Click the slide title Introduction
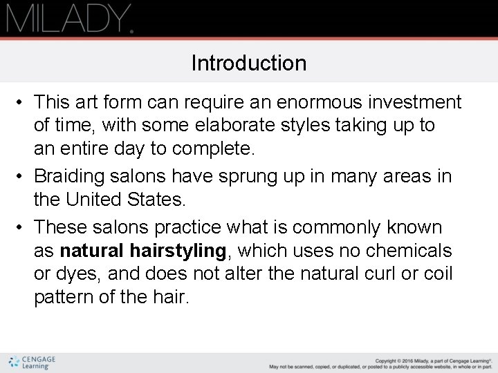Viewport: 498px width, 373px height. pos(249,64)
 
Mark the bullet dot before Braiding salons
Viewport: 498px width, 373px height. pos(23,177)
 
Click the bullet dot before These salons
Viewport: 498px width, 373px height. pos(23,227)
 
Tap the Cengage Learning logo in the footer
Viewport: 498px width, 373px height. pos(32,362)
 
